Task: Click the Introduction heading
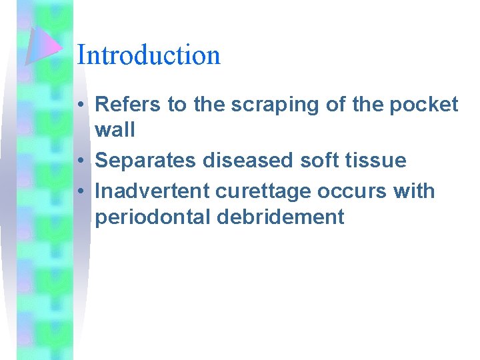click(x=149, y=55)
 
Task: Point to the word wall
click(x=115, y=129)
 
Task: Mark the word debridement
click(x=286, y=217)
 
